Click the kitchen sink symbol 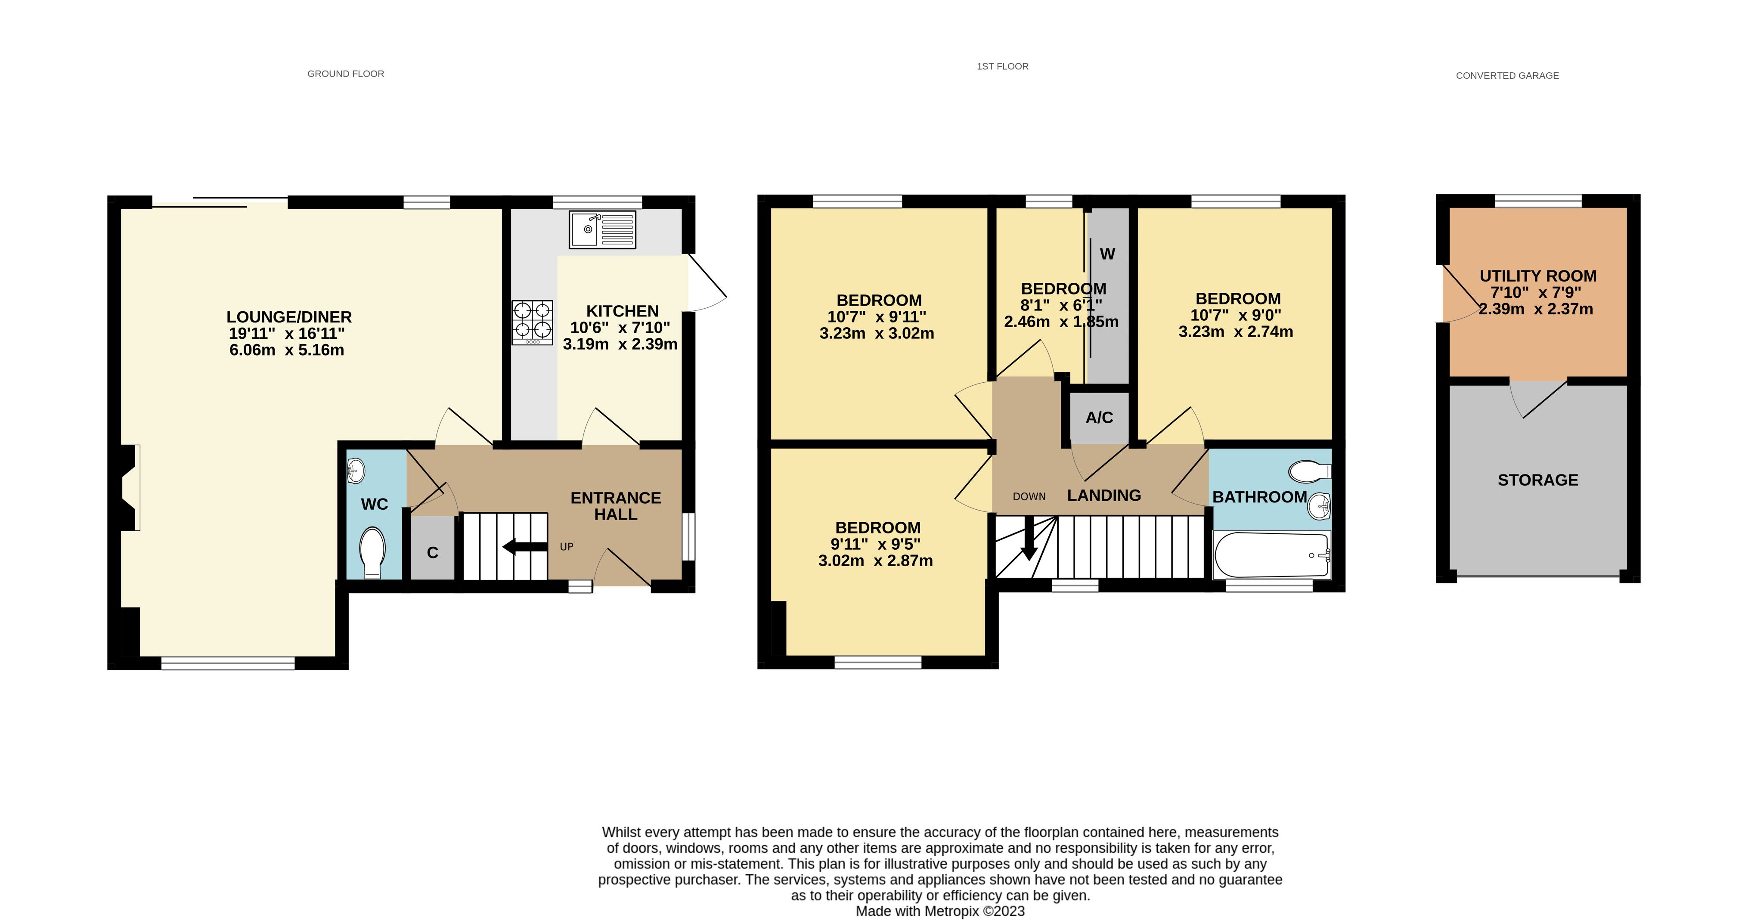coord(602,229)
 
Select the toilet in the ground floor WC coord(372,551)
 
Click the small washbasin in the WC coord(356,470)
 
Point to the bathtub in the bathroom coord(1271,555)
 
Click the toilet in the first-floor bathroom coord(1310,471)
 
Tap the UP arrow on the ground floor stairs coord(525,547)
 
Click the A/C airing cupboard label coord(1099,417)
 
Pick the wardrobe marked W coord(1107,254)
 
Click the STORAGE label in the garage coord(1537,480)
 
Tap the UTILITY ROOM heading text coord(1537,276)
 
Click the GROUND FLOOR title coord(345,73)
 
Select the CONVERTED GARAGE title coord(1507,75)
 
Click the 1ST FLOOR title coord(1002,66)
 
